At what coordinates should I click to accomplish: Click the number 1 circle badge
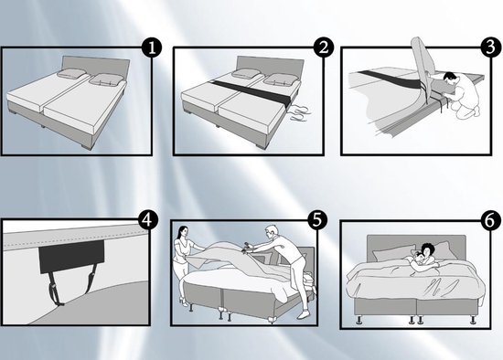152,48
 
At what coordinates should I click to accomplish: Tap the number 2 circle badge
324,48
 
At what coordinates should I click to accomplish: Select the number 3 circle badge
491,48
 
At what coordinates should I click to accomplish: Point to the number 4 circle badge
148,220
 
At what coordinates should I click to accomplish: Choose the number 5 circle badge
317,220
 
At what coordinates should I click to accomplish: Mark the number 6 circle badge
491,220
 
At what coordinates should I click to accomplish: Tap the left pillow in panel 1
71,73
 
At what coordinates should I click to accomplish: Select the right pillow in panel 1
106,79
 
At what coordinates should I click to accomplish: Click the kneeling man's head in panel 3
449,78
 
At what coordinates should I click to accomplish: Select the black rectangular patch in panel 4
71,257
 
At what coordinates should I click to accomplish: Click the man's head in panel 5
272,232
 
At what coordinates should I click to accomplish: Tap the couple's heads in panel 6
423,254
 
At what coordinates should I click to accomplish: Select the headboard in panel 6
416,247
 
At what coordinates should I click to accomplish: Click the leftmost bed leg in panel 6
359,320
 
